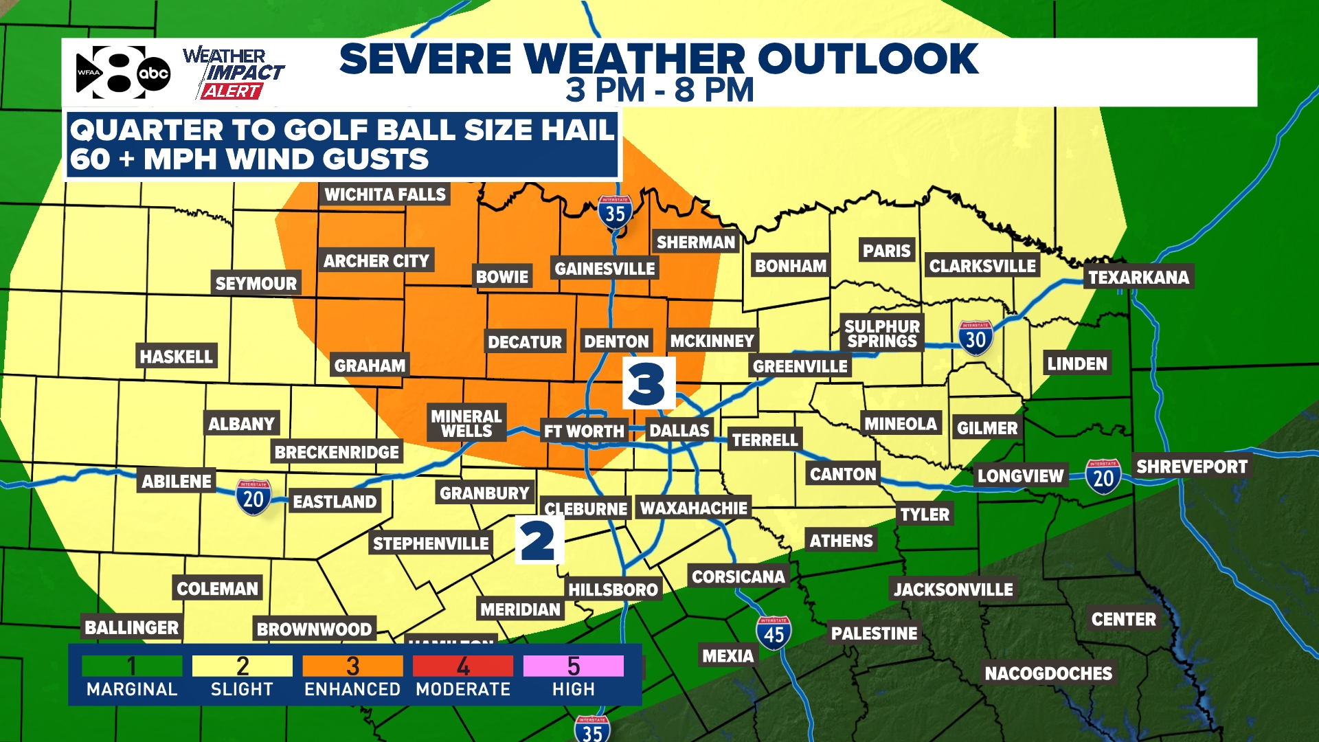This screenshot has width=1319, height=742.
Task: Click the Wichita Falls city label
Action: (385, 195)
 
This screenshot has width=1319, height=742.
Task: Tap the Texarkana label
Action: (1138, 278)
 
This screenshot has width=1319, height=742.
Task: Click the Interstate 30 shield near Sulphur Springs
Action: (976, 338)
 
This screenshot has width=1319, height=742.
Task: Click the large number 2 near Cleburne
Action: (539, 541)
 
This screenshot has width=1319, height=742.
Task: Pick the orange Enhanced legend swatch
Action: (352, 666)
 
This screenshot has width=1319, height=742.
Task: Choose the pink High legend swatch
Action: (573, 666)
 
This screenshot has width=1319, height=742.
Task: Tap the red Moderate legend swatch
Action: (463, 666)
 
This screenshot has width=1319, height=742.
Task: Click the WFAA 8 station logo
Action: (122, 73)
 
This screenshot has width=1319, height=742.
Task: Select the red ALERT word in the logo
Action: (232, 91)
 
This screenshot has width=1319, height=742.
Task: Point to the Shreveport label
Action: (1191, 467)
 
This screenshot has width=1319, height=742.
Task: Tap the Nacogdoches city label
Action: (1048, 673)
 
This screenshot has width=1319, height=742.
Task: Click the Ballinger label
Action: (131, 627)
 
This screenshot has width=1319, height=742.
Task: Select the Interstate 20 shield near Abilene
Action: (253, 497)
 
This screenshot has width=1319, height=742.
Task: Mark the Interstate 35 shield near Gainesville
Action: (615, 213)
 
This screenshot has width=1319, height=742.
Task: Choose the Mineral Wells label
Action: (466, 423)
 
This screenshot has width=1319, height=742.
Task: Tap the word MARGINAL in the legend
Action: (132, 689)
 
